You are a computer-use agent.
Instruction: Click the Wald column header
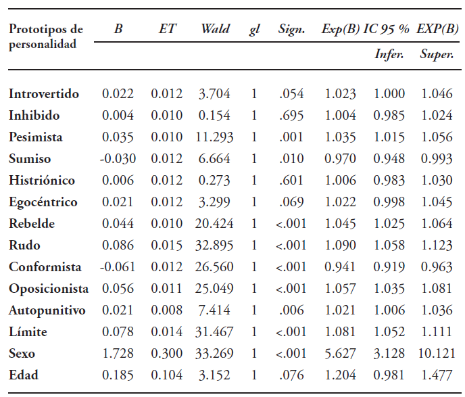tap(215, 29)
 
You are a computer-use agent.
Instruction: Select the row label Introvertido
tap(44, 94)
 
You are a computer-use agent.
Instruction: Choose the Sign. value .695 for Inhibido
tap(291, 116)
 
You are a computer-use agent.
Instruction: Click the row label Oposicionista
tap(49, 289)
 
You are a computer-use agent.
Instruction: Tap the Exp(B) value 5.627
tap(340, 354)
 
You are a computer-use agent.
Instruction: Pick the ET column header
tap(166, 29)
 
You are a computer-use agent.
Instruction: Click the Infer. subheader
tap(389, 54)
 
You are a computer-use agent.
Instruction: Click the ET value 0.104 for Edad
tap(166, 375)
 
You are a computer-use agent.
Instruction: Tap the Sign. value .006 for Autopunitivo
tap(291, 310)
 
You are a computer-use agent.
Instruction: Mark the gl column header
tap(254, 29)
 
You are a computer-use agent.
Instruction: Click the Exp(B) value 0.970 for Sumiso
tap(340, 159)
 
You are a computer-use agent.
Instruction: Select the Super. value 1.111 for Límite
tap(436, 332)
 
